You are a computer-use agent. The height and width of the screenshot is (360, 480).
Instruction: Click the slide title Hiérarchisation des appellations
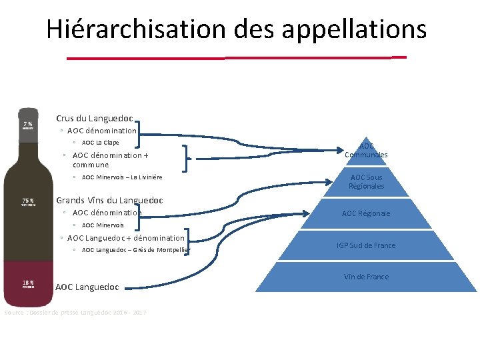coord(236,29)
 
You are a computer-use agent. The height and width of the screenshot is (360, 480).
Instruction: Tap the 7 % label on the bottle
coord(28,125)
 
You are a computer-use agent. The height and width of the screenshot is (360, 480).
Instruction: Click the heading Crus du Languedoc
coord(94,119)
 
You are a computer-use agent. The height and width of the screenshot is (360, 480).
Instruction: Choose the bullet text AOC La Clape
coord(100,143)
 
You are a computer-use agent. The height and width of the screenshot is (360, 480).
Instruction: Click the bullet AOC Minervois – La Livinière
coord(121,177)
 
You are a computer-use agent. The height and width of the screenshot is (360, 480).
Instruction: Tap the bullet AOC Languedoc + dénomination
coord(125,238)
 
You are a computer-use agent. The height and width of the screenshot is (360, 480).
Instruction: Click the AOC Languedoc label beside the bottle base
coord(87,287)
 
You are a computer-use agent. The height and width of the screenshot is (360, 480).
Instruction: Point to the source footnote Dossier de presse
coord(75,313)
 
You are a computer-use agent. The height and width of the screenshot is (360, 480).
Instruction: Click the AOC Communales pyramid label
coord(366,151)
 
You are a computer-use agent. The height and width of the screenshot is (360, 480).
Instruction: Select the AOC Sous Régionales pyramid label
coord(366,181)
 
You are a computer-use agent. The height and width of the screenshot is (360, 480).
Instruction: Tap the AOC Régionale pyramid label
coord(366,213)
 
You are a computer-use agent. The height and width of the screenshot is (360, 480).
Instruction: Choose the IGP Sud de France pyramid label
coord(366,245)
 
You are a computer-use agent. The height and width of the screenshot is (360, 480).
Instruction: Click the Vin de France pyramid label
coord(366,277)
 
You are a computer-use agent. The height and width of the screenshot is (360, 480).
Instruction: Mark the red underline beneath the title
coord(236,58)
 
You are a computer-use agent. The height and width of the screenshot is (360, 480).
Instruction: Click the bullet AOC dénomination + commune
coord(110,160)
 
